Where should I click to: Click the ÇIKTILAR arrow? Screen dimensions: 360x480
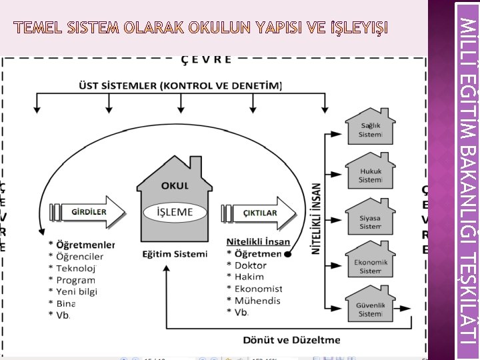click(259, 212)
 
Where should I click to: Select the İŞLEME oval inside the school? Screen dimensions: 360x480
click(174, 211)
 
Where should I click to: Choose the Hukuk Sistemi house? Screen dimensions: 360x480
click(370, 175)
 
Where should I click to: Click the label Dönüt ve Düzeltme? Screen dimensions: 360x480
click(291, 340)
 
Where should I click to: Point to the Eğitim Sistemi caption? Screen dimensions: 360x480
click(175, 253)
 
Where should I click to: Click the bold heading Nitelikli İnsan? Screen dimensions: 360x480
click(259, 241)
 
